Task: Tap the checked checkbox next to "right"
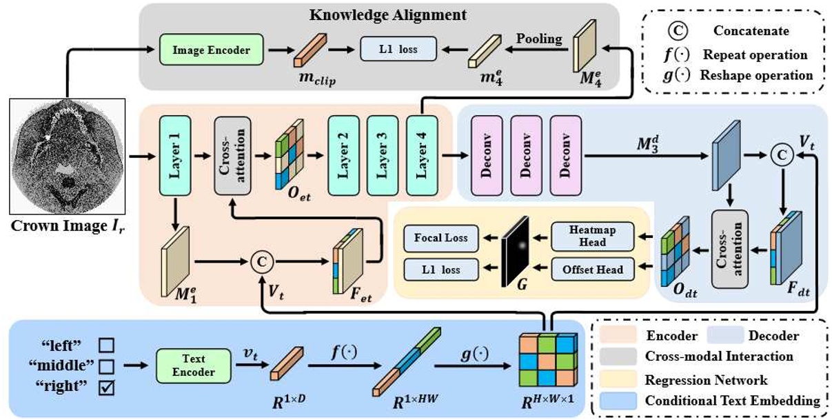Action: [x=106, y=388]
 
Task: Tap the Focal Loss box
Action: [x=440, y=237]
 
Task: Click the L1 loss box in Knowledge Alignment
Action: [x=398, y=50]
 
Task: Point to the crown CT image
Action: [x=66, y=156]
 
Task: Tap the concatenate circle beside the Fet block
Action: [x=261, y=261]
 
